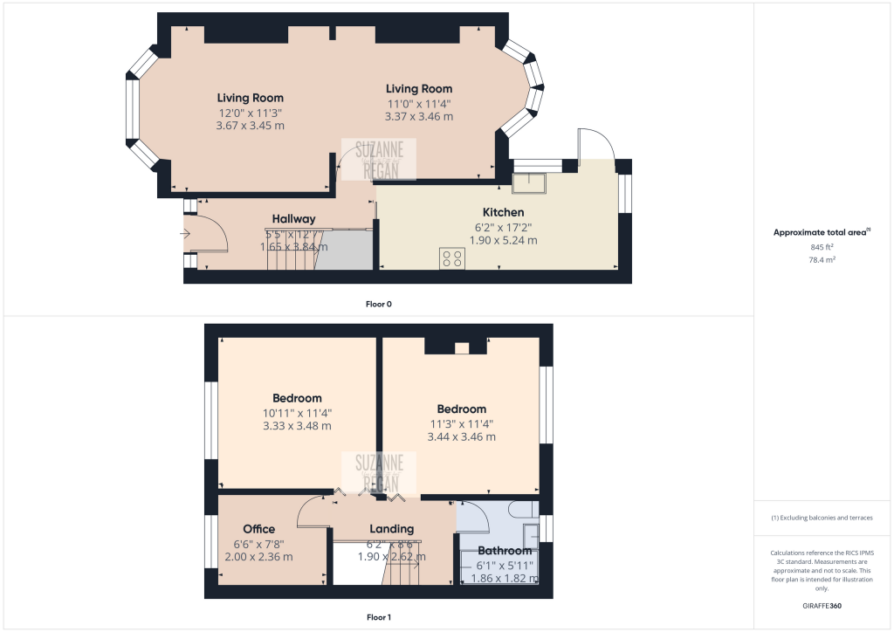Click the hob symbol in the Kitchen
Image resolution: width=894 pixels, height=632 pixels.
[x=452, y=258]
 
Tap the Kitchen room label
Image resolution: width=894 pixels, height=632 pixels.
[x=504, y=212]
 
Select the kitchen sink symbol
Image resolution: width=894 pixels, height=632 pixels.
[x=529, y=182]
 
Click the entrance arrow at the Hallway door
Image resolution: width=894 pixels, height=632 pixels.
[x=185, y=233]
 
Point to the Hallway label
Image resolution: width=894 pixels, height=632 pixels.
[x=293, y=219]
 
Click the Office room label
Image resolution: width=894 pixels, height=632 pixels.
[x=259, y=529]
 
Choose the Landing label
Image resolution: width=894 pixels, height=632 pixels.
[x=392, y=529]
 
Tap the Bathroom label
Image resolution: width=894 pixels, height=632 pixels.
[x=505, y=551]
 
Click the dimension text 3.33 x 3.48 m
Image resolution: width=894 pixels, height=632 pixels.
[x=297, y=426]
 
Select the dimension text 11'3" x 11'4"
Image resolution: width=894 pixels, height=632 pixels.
[x=462, y=423]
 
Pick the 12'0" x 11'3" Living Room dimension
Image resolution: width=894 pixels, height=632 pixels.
[x=250, y=113]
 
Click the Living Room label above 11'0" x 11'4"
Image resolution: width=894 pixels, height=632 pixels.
[x=419, y=88]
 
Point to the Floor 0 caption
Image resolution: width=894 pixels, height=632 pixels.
[x=379, y=304]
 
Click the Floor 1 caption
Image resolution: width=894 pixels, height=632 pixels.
[x=379, y=617]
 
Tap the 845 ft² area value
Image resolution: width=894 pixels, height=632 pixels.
[x=822, y=247]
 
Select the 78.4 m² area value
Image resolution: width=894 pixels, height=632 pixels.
[x=822, y=259]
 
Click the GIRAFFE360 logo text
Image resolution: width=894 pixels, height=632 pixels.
[x=822, y=605]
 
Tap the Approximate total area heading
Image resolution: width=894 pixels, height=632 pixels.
[x=821, y=232]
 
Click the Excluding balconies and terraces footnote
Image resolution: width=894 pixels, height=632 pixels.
[x=822, y=518]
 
